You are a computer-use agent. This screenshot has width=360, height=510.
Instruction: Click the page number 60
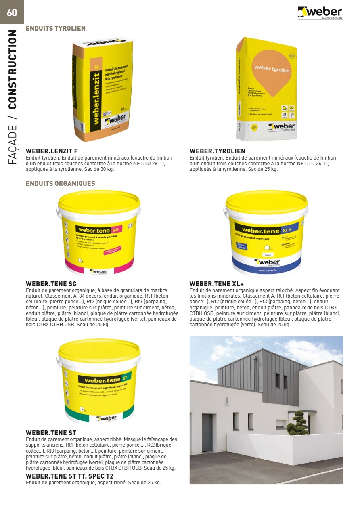(12, 13)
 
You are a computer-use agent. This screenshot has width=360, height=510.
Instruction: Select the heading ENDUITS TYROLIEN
(56, 29)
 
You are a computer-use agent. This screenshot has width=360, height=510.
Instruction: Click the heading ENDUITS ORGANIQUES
(61, 184)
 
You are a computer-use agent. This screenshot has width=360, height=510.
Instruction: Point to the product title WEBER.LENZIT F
(52, 151)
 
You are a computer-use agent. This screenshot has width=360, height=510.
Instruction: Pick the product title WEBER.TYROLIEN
(218, 151)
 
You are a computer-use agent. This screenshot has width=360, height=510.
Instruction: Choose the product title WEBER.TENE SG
(51, 284)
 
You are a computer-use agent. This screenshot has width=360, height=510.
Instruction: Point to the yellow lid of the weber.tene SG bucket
(99, 201)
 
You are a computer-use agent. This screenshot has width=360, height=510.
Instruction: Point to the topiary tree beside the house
(298, 423)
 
